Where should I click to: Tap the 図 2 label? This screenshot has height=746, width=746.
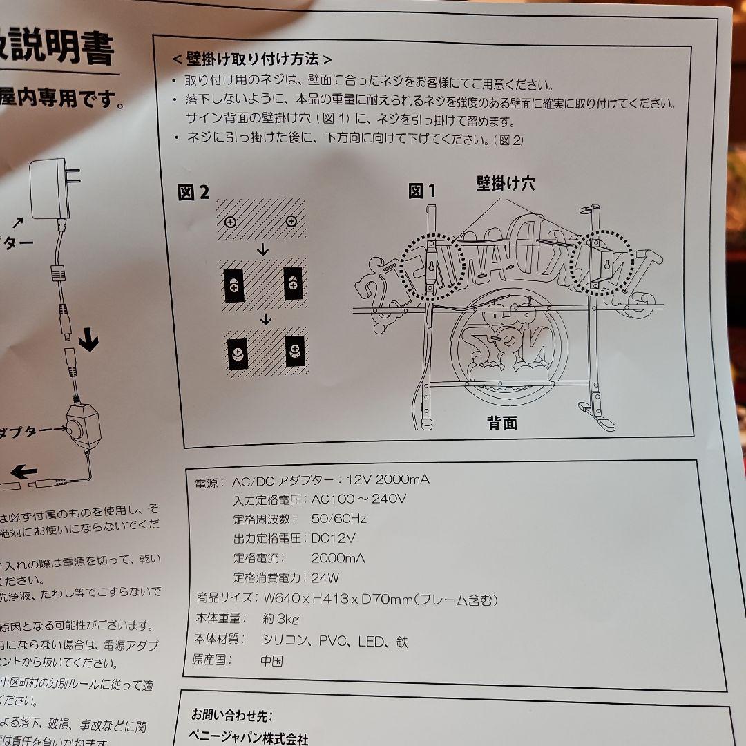[193, 193]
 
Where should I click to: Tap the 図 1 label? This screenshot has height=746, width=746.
[422, 191]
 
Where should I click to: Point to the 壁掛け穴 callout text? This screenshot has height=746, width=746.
[505, 183]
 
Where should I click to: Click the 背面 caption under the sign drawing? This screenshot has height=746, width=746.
[502, 423]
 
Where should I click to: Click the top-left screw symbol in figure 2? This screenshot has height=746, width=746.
[231, 222]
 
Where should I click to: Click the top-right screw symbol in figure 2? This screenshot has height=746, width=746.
[291, 221]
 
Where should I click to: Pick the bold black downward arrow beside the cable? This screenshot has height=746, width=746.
[88, 341]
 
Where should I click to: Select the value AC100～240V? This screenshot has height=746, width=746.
[358, 499]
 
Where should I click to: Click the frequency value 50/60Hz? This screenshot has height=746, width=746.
[338, 519]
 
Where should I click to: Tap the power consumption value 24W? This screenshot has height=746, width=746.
[325, 578]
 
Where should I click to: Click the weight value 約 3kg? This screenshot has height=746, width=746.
[280, 620]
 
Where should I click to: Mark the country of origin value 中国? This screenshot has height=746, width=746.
[271, 660]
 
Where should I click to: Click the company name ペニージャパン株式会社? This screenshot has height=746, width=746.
[249, 738]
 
